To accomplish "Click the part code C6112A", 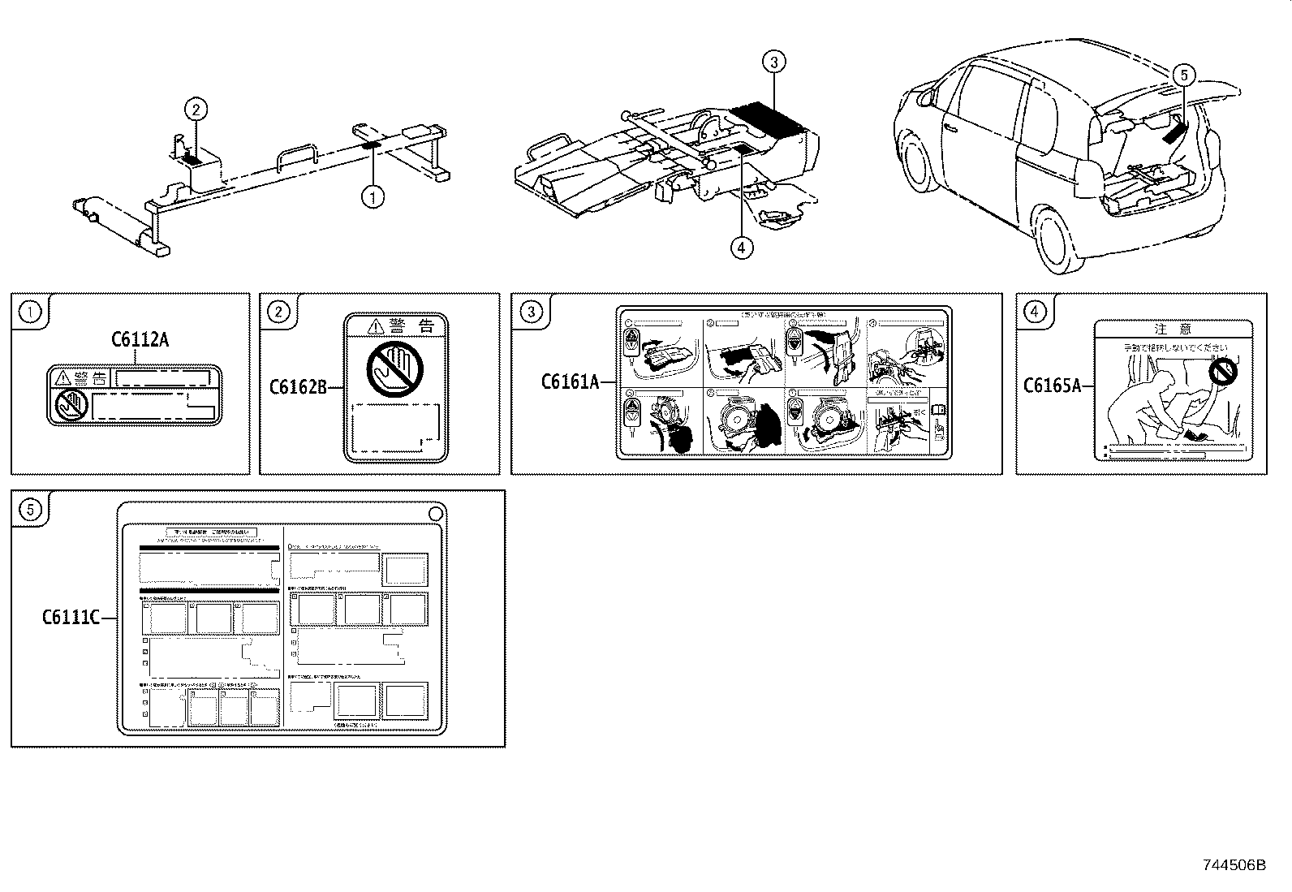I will click(x=140, y=341).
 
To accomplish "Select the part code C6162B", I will click(x=298, y=387).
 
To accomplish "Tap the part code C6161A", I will click(x=570, y=381).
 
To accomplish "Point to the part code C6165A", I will click(x=1052, y=386).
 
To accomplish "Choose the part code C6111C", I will click(x=71, y=618).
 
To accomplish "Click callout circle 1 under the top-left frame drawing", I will click(x=373, y=196).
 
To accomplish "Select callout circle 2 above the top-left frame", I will click(x=196, y=108).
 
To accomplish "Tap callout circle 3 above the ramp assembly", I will click(x=774, y=62).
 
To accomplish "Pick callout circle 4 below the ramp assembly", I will click(x=742, y=247).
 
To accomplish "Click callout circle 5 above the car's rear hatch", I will click(x=1183, y=75).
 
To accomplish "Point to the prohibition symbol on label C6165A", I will click(x=1221, y=374).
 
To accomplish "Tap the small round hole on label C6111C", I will click(x=435, y=513).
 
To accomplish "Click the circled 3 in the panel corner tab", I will click(x=531, y=311).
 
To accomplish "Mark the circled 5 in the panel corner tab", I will click(x=30, y=509).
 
